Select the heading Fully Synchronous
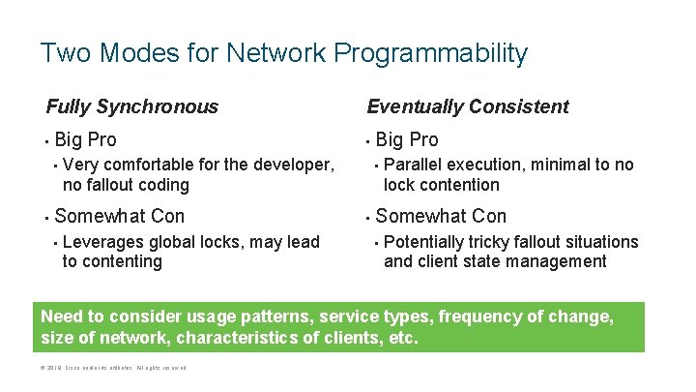(132, 106)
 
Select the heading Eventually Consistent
(468, 106)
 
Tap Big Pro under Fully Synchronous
(86, 139)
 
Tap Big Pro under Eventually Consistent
(407, 139)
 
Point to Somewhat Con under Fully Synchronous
(120, 216)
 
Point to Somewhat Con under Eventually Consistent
(441, 216)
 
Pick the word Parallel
(415, 165)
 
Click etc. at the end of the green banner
(402, 339)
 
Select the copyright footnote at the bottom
(113, 368)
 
